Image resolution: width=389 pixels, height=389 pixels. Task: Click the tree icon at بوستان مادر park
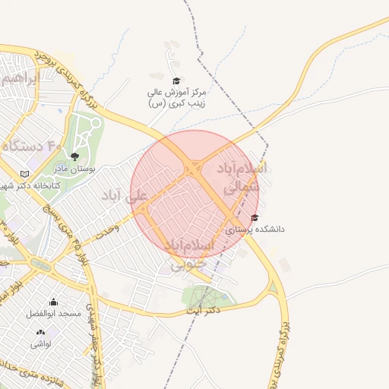click(73, 157)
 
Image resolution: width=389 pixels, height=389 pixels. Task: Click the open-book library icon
click(26, 174)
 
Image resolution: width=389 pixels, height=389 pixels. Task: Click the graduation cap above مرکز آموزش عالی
click(176, 81)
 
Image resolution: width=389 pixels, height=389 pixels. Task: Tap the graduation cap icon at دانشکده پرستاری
click(254, 218)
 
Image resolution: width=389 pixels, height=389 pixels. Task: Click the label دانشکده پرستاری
click(255, 228)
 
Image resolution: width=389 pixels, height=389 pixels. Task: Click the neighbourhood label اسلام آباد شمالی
click(242, 176)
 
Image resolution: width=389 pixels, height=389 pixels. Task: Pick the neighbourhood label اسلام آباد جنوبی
click(190, 255)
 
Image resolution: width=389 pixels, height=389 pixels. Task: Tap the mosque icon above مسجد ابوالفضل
click(53, 302)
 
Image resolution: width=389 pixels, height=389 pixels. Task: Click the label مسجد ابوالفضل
click(48, 314)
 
